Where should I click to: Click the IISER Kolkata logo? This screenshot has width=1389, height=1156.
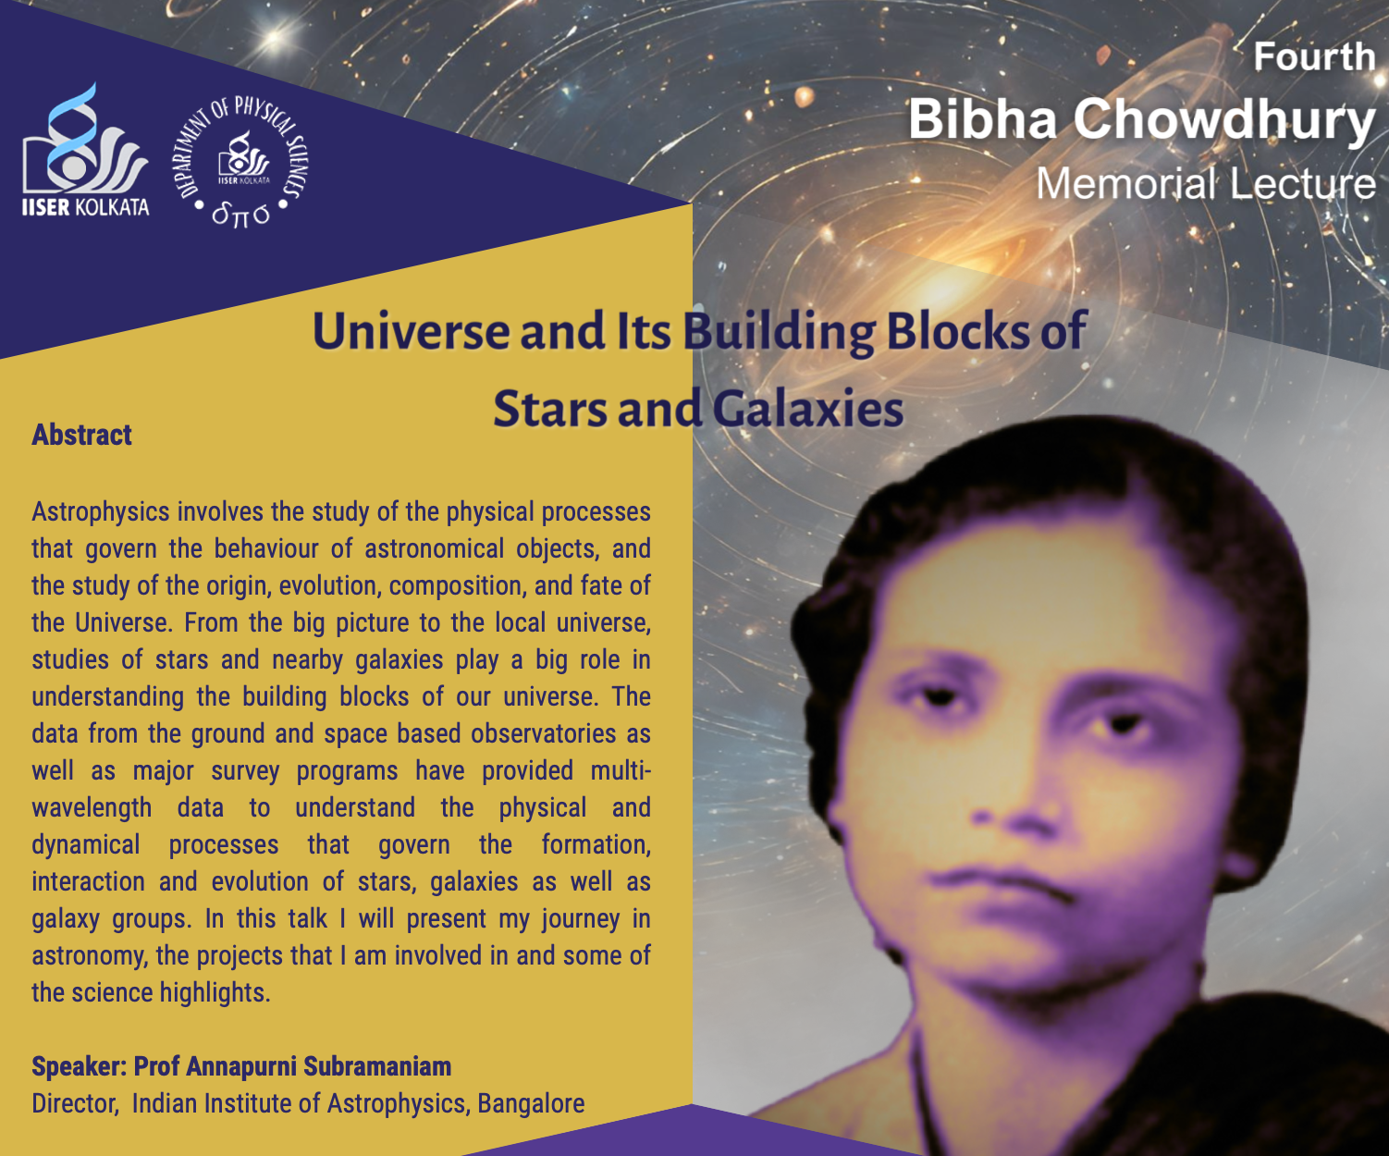point(85,150)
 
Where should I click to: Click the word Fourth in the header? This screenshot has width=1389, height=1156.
point(1314,57)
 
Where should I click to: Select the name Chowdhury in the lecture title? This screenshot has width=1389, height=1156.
point(1224,120)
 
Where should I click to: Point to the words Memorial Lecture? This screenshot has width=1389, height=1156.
point(1205,184)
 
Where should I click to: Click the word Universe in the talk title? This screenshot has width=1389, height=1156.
point(411,331)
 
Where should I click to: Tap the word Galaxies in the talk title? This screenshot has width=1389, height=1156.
point(808,409)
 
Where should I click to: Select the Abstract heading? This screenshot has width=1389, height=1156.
point(81,435)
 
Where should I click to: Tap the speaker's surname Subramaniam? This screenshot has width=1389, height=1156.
point(377,1066)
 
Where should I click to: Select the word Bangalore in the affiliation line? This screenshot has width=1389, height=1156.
point(531,1103)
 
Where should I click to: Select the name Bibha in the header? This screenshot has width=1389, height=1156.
point(982,119)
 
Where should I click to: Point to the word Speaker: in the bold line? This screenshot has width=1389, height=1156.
point(80,1067)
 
